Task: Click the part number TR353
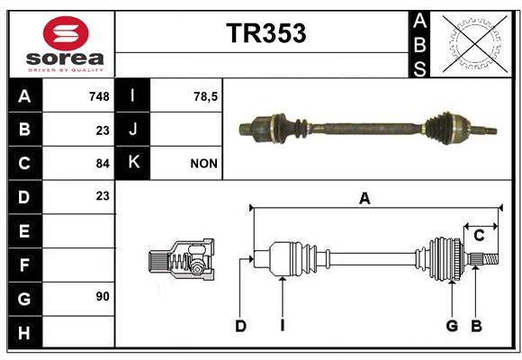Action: click(x=266, y=33)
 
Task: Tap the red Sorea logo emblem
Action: click(x=66, y=33)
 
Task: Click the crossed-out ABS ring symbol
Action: click(x=475, y=44)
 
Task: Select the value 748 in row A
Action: click(x=99, y=96)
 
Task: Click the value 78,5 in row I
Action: click(x=205, y=96)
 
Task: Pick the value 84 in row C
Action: click(x=103, y=164)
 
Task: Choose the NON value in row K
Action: click(x=203, y=164)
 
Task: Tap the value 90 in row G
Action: click(x=103, y=296)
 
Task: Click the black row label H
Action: click(x=25, y=332)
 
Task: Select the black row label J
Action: click(x=132, y=130)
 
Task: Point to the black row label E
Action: click(x=25, y=230)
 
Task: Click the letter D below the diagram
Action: click(x=240, y=326)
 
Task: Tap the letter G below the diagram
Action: click(x=452, y=326)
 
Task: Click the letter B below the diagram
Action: click(x=476, y=326)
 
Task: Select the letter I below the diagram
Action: click(x=283, y=326)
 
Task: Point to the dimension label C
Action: click(x=479, y=236)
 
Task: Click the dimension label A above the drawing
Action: click(x=364, y=199)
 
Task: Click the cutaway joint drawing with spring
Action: click(x=181, y=259)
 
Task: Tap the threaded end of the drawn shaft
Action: click(x=490, y=259)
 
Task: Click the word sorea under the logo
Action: click(x=65, y=58)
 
